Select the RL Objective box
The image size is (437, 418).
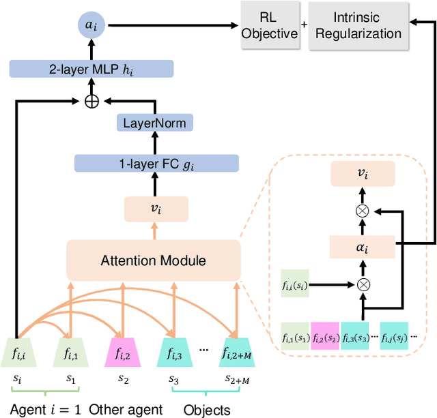pyautogui.click(x=270, y=26)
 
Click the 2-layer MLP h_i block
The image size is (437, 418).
pyautogui.click(x=91, y=68)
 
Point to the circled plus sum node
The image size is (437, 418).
pyautogui.click(x=91, y=100)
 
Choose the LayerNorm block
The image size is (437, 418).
pyautogui.click(x=154, y=123)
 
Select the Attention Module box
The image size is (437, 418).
pyautogui.click(x=153, y=260)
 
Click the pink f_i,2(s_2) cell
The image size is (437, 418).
pyautogui.click(x=326, y=336)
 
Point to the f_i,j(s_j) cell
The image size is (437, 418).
pyautogui.click(x=398, y=336)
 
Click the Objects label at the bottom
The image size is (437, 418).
pyautogui.click(x=207, y=409)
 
